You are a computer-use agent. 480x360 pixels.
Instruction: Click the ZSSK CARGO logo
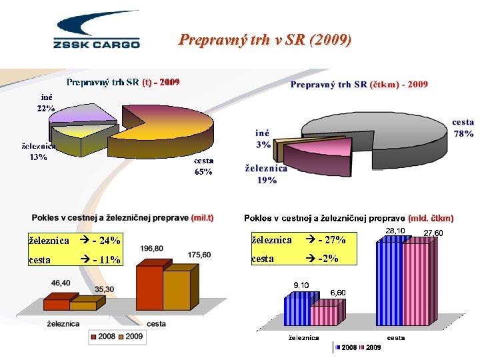click(x=96, y=30)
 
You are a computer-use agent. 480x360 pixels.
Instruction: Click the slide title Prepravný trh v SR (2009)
click(x=265, y=40)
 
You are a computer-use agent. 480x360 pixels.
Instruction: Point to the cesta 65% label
click(x=203, y=166)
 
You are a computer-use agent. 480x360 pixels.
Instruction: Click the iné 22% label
click(x=45, y=103)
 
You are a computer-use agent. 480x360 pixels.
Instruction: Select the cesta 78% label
click(x=463, y=128)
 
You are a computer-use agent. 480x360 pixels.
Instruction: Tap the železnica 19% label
click(x=267, y=174)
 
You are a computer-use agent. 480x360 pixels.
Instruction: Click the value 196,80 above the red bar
click(x=152, y=249)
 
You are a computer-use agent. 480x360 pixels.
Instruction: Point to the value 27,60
click(x=433, y=233)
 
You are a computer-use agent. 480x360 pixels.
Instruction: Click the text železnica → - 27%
click(x=297, y=239)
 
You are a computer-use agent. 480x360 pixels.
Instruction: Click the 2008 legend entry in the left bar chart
click(x=103, y=337)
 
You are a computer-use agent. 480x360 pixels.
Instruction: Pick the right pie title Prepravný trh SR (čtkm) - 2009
click(x=359, y=85)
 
